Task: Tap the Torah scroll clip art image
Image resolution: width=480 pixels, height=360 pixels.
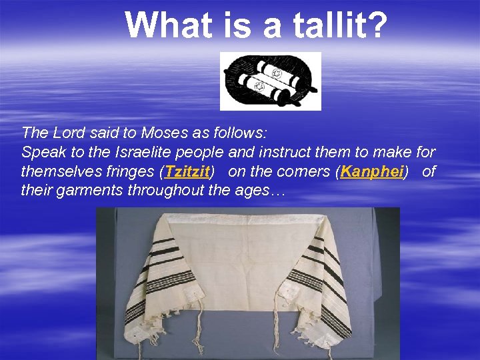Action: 271,81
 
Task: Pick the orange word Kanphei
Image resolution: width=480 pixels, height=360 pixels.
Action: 371,172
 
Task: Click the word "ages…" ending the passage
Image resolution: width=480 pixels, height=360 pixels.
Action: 266,191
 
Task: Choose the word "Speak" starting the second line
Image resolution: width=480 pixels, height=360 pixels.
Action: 39,152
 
